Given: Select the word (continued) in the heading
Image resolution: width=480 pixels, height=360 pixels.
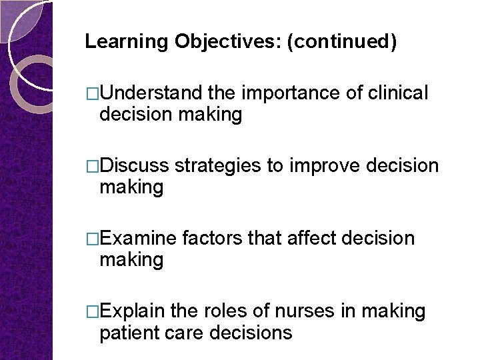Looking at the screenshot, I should coord(341,42).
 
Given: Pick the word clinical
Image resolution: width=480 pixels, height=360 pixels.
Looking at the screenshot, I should coord(398,93).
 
